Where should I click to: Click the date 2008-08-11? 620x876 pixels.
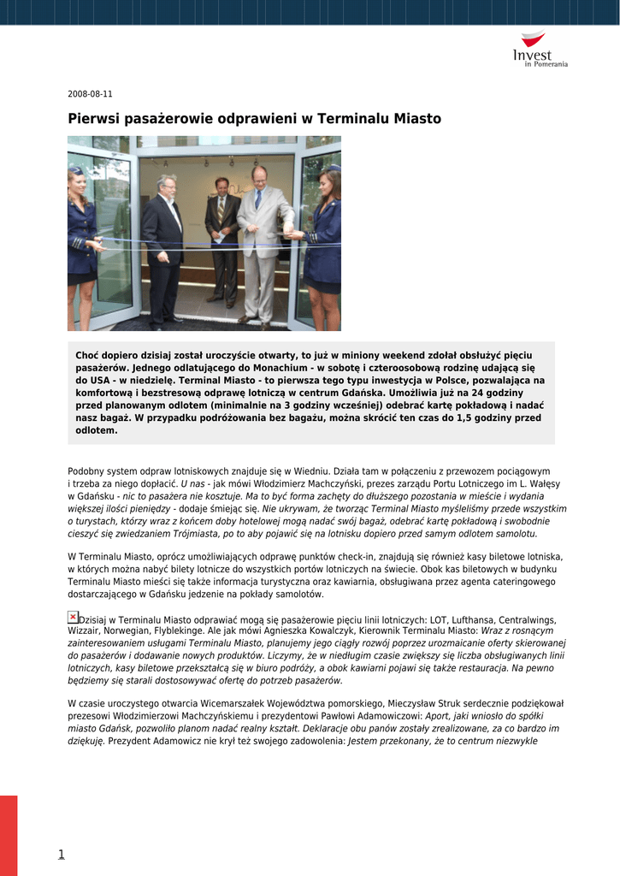(x=90, y=94)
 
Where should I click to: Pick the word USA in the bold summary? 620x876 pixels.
(x=98, y=380)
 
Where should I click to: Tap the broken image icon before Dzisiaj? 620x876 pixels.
(x=73, y=617)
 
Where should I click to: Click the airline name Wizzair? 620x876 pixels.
(x=84, y=632)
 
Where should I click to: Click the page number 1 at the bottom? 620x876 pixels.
(x=61, y=854)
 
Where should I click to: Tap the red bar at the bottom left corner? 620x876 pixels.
(x=9, y=835)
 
